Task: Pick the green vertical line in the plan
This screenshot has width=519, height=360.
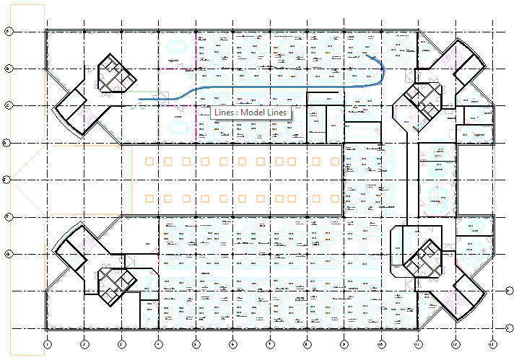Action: tap(158, 87)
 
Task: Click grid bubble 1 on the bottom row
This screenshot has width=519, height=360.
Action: tap(46, 345)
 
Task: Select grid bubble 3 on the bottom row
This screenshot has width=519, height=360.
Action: tap(121, 345)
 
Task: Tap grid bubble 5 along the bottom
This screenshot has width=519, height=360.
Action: tap(196, 345)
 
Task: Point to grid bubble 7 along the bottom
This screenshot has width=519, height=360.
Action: tap(270, 345)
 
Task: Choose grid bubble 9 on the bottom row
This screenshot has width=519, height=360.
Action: tap(344, 345)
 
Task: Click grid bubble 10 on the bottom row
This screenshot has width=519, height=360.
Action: tap(381, 345)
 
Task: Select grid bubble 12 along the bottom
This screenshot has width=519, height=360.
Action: tap(455, 345)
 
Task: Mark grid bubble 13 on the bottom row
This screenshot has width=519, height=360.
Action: tap(492, 345)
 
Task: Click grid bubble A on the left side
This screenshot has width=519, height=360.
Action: tap(8, 31)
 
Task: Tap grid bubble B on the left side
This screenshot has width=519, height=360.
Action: tap(8, 69)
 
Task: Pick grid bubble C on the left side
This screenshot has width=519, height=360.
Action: tap(8, 105)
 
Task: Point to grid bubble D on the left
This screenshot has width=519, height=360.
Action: tap(8, 143)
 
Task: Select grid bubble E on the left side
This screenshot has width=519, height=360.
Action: tap(8, 180)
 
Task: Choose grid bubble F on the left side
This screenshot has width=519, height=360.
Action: tap(8, 216)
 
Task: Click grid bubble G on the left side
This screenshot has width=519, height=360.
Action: tap(8, 254)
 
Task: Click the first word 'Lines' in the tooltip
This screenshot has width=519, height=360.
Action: tap(224, 113)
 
